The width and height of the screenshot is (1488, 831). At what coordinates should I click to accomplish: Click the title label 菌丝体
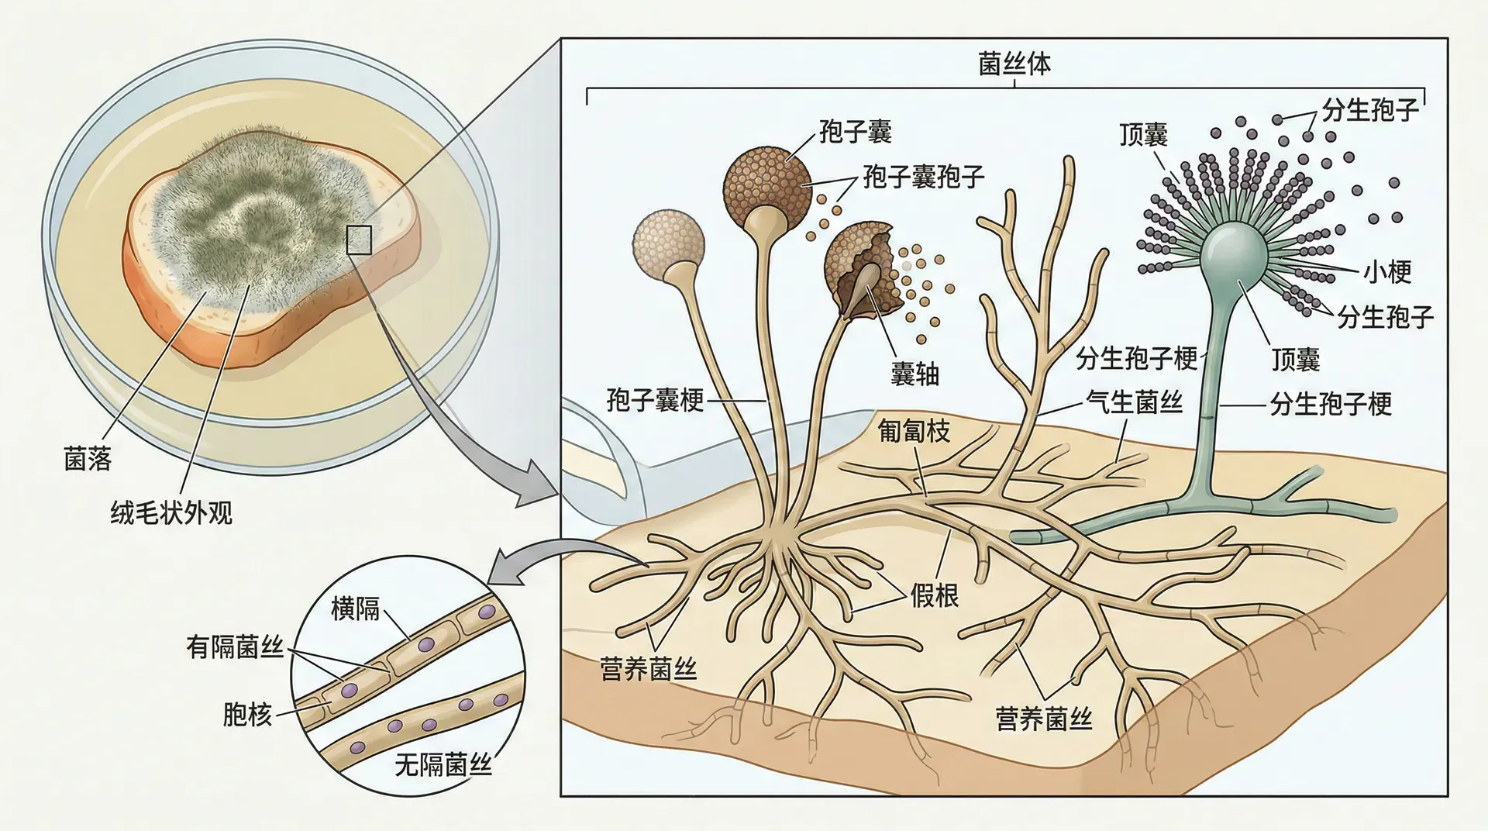[1014, 64]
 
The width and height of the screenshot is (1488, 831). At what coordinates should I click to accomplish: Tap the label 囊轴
[914, 374]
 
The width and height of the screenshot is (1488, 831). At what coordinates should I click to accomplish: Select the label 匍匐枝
[914, 431]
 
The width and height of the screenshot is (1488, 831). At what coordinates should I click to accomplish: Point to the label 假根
[935, 595]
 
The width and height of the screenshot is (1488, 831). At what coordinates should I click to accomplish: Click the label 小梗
[1387, 271]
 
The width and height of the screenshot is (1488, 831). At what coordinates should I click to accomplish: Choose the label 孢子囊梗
[655, 401]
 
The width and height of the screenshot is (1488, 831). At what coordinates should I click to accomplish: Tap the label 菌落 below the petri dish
[88, 460]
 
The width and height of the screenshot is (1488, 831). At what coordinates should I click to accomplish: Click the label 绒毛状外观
[171, 512]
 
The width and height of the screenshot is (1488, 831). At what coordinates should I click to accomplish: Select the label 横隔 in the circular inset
[355, 609]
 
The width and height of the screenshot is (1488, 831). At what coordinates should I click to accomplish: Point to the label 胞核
[247, 714]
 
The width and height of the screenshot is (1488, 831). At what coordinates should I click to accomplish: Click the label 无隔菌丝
[443, 766]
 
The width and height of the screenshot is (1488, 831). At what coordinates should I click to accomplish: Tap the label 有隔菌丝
[235, 647]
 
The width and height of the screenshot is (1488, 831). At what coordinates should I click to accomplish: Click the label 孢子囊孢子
[924, 177]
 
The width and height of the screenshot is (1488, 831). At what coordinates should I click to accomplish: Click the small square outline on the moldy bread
[359, 240]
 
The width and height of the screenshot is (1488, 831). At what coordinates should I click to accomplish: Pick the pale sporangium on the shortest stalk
[668, 237]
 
